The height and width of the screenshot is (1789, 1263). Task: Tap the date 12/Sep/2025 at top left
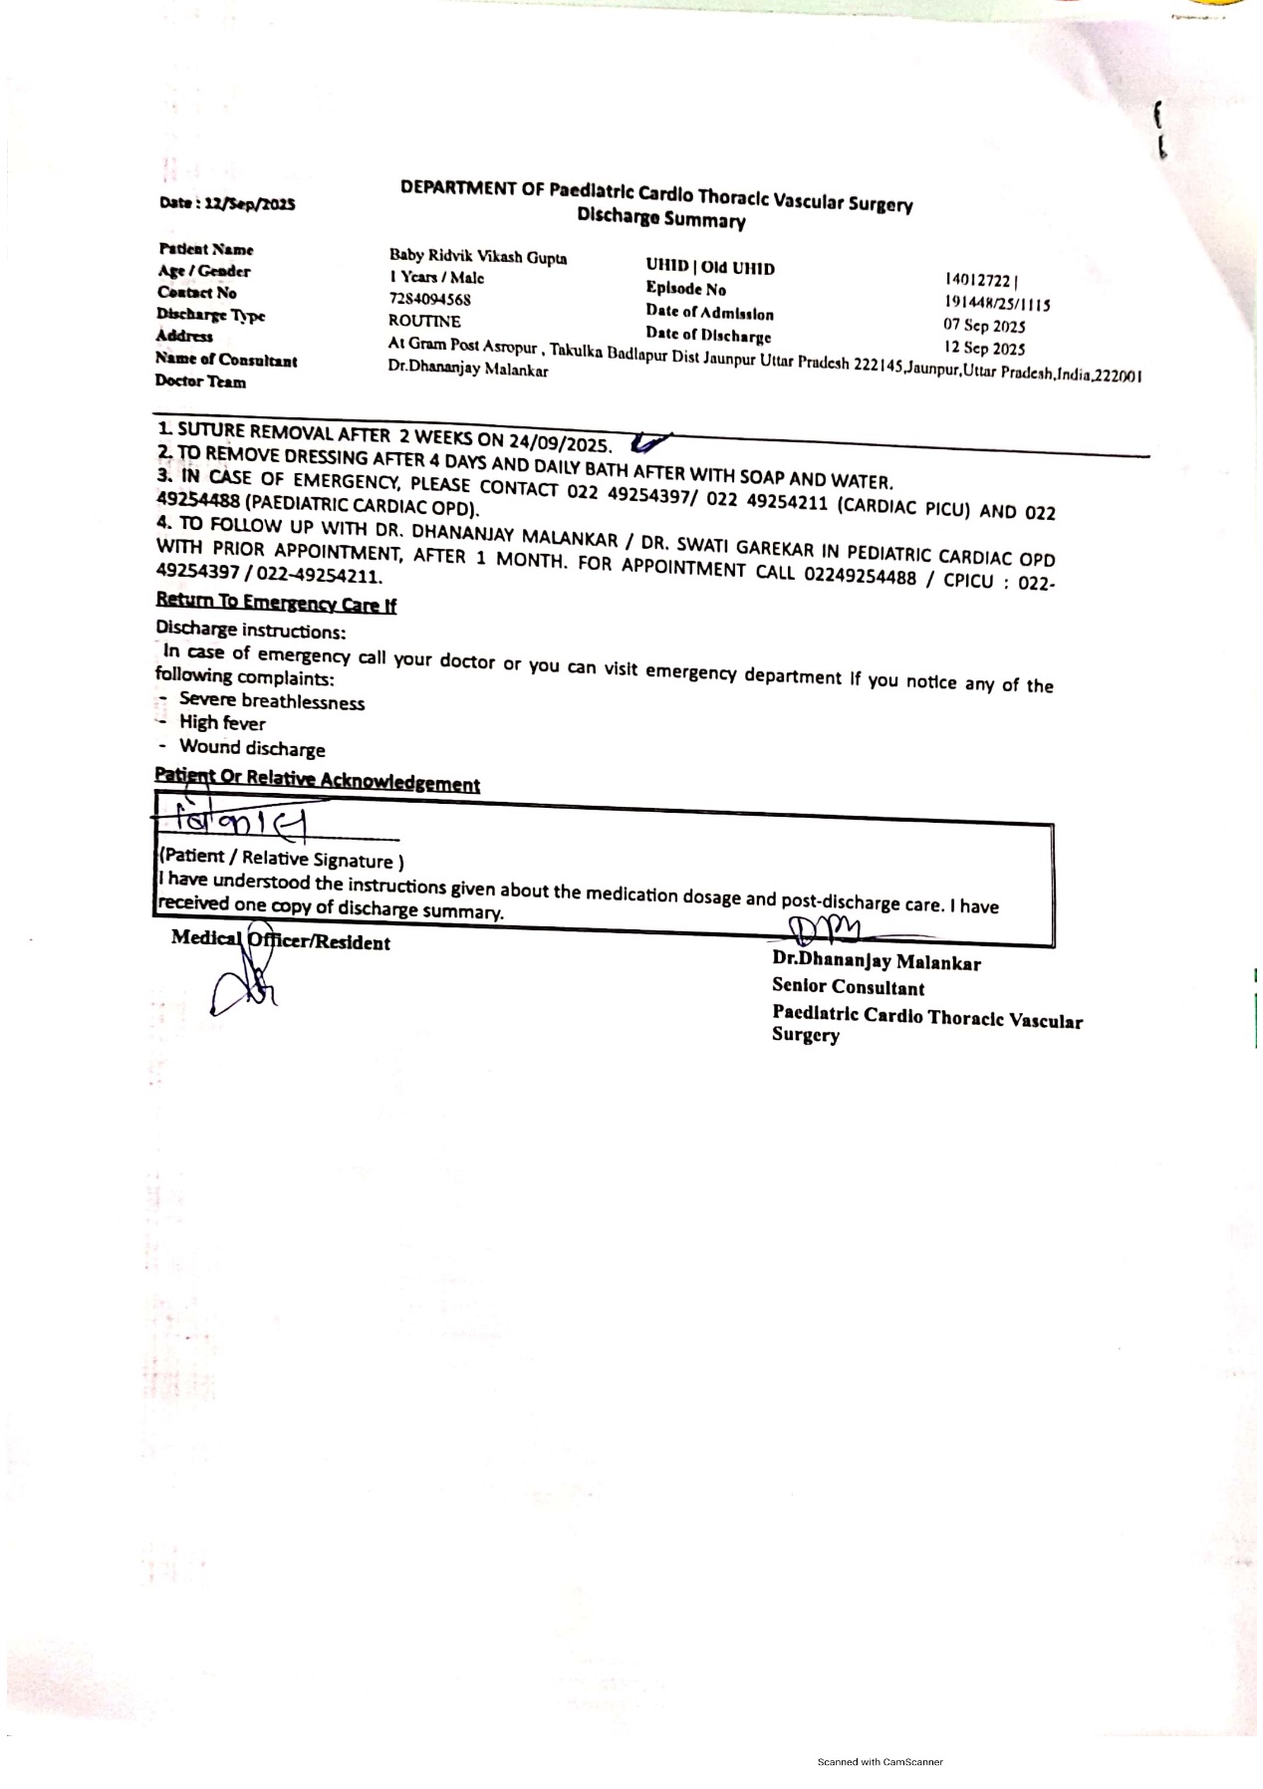227,203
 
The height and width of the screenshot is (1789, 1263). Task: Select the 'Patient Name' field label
205,249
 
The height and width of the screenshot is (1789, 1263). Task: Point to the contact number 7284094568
429,299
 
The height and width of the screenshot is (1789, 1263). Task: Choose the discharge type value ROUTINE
424,321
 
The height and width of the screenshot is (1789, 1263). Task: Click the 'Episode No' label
685,289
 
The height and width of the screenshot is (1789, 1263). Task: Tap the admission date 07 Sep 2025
984,326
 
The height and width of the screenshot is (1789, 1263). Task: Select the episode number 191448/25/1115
996,304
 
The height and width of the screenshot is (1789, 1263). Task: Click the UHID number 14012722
980,282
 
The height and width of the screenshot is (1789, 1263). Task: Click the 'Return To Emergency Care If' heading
276,603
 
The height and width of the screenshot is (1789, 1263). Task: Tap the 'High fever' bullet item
222,723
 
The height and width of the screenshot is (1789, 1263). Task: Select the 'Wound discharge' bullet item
252,748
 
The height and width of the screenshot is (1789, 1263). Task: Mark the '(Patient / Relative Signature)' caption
281,859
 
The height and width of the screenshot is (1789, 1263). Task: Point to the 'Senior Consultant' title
848,987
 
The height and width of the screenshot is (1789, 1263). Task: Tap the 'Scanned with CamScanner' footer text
880,1762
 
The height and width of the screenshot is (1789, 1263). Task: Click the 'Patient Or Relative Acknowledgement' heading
317,780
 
